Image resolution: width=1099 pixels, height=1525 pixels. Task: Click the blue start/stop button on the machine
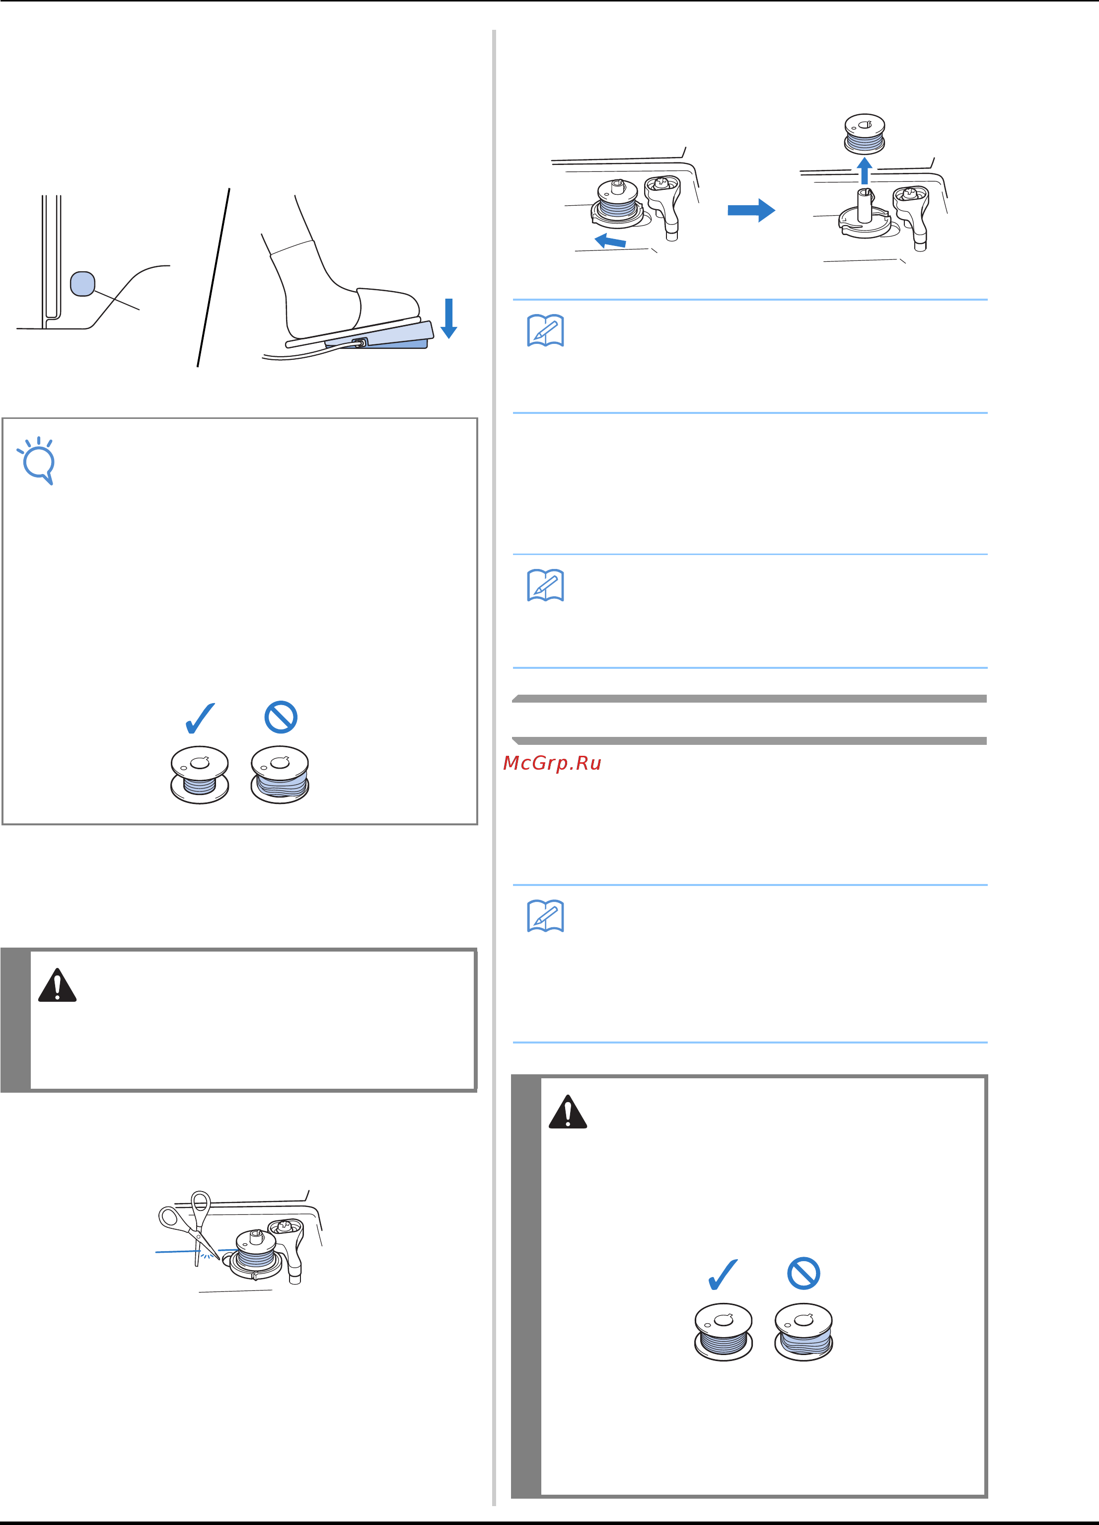pos(82,284)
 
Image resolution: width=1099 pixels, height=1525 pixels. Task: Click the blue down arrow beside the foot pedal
pos(449,318)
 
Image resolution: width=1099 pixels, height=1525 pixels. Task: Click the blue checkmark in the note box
pos(200,718)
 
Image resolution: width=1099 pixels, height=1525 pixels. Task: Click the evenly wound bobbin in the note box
pos(200,775)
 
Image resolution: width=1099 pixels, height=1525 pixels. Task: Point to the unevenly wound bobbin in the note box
pos(280,775)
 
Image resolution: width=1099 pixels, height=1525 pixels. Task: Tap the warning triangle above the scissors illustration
pos(57,986)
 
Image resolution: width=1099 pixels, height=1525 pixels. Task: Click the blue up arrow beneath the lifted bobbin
pos(865,171)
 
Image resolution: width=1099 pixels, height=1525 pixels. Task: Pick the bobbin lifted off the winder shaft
pos(865,135)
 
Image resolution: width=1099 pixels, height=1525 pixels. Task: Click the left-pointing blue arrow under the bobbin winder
pos(610,240)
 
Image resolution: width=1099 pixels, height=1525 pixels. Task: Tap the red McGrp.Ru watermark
pos(552,763)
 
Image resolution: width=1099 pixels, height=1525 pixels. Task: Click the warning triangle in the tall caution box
pos(568,1112)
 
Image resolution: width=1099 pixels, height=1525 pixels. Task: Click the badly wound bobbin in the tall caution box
pos(803,1332)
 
